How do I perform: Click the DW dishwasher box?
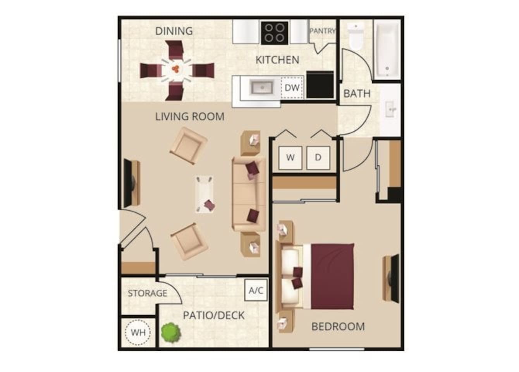click(292, 88)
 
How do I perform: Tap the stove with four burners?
click(275, 33)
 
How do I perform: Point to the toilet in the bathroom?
click(354, 36)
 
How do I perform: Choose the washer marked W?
click(290, 157)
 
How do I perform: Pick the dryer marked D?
click(318, 157)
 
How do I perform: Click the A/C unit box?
click(256, 290)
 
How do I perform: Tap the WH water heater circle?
click(138, 332)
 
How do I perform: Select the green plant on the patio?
click(170, 332)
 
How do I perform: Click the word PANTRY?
click(322, 31)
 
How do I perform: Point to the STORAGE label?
click(148, 293)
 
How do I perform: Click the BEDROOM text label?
click(338, 327)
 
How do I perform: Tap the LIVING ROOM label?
click(190, 116)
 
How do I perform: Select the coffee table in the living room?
click(205, 194)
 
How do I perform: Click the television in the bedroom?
click(394, 278)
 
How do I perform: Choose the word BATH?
click(357, 93)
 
